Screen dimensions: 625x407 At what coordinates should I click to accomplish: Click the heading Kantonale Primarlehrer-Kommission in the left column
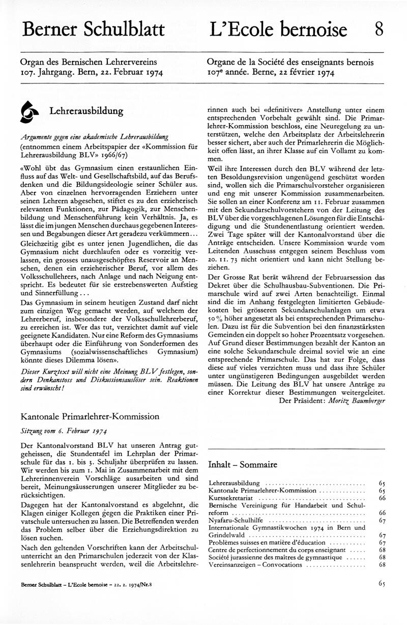(90, 416)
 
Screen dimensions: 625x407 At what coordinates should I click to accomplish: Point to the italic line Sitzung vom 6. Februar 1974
(63, 430)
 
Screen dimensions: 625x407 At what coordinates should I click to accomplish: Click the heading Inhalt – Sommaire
(243, 464)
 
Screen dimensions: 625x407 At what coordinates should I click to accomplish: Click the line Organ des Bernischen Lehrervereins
(86, 62)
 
